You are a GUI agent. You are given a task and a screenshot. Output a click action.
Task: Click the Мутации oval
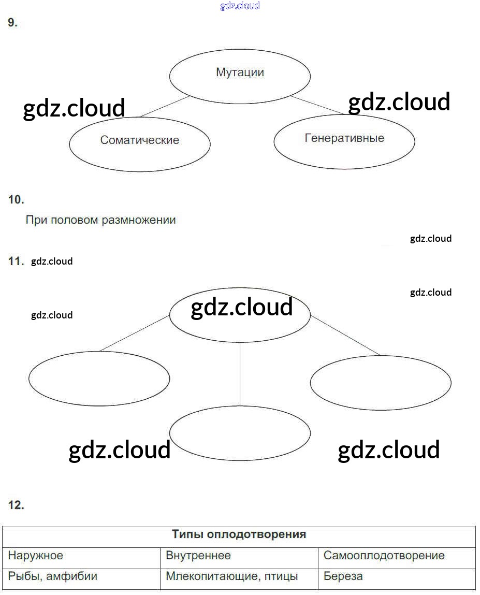pos(240,76)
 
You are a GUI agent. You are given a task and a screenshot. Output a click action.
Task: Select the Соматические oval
pos(140,144)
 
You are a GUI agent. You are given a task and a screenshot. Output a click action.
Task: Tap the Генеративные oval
pos(344,141)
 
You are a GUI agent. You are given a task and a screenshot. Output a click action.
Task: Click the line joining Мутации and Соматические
pos(165,106)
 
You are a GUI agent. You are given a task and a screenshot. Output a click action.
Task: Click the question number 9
pos(13,22)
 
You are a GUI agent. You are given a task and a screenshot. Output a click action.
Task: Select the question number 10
pos(16,199)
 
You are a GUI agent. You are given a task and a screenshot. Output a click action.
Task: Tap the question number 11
pos(16,261)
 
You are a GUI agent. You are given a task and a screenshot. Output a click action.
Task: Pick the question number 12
pos(16,505)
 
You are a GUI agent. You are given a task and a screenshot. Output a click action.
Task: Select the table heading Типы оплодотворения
pos(239,534)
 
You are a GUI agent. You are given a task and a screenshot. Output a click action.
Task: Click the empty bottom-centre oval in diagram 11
pos(240,433)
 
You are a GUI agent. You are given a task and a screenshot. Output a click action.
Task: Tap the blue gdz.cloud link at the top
pos(240,6)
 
